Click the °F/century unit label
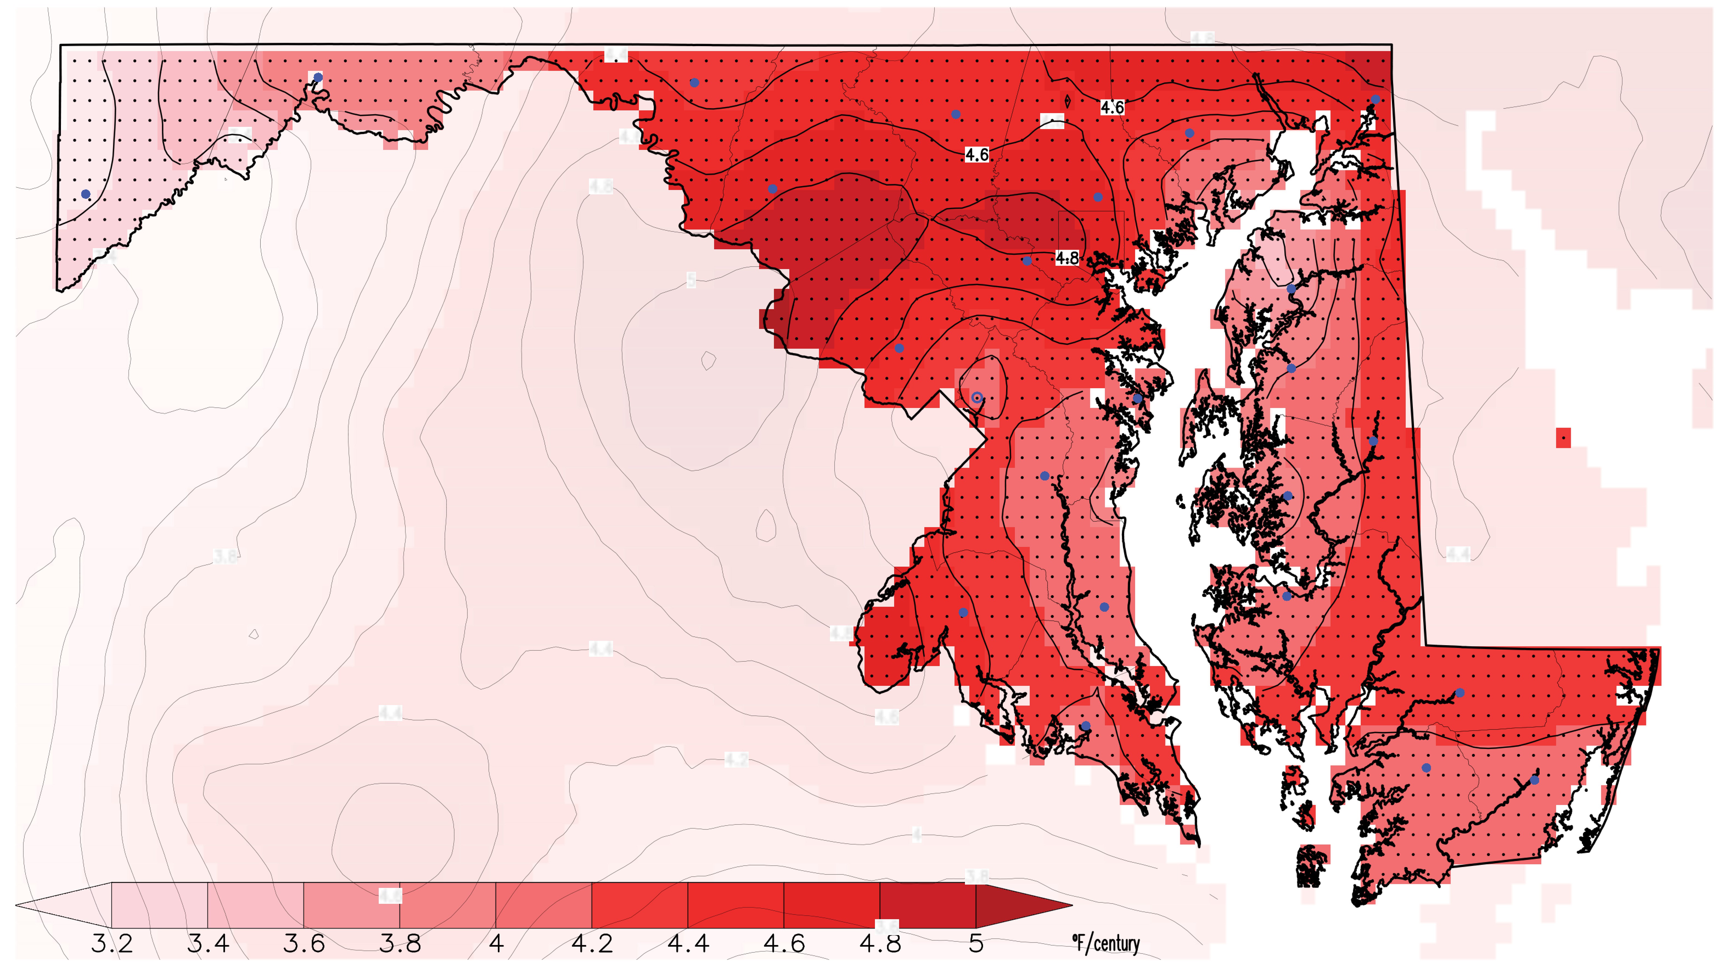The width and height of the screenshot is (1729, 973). pos(1106,943)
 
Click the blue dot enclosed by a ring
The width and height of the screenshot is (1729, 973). pos(977,398)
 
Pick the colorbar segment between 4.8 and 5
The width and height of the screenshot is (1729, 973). pos(928,905)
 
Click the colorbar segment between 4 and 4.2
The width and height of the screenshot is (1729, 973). pos(544,905)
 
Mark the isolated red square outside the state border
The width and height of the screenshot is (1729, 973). pos(1563,438)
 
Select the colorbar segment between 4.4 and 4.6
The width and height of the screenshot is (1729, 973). pos(736,905)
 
